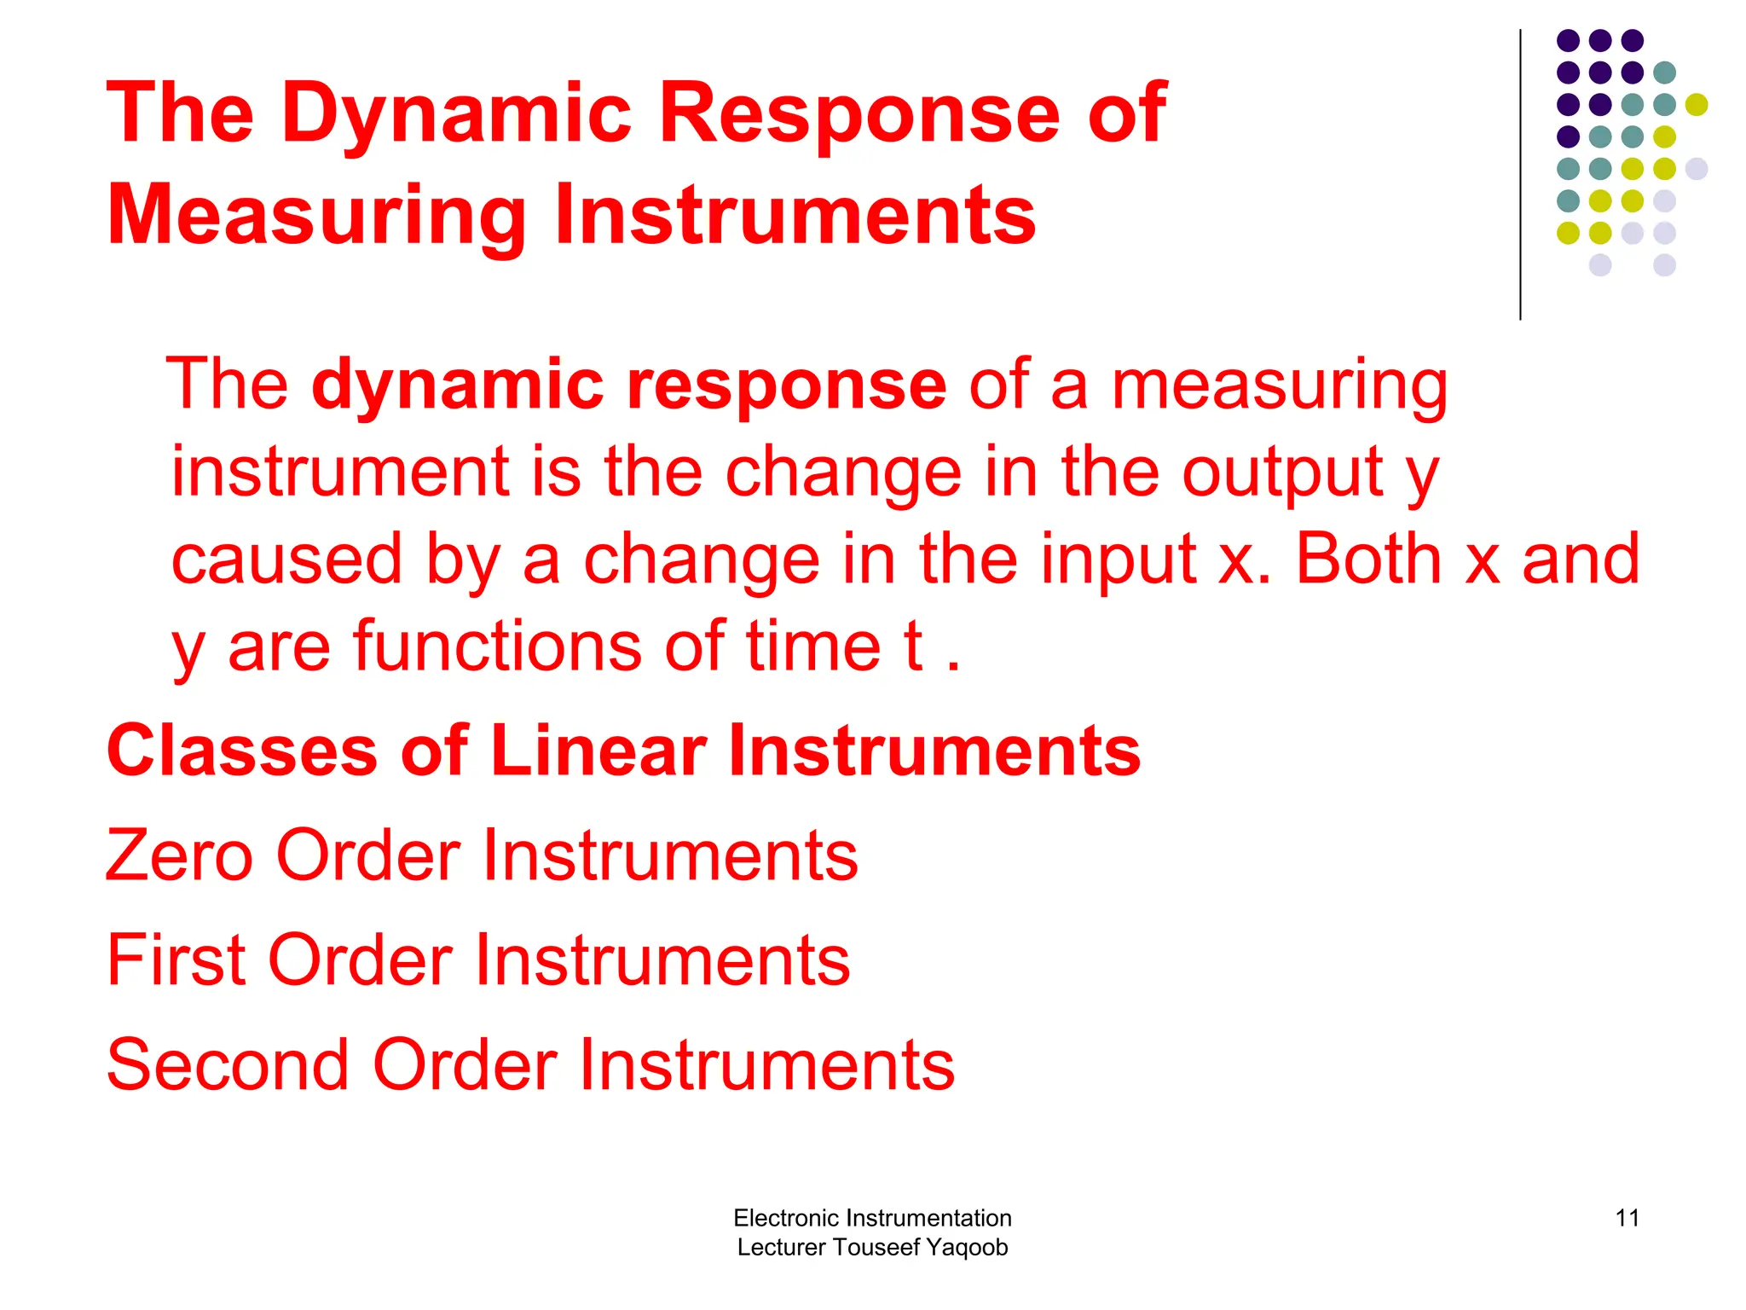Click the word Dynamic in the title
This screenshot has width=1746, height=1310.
[x=456, y=113]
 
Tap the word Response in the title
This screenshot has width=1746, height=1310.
[x=859, y=113]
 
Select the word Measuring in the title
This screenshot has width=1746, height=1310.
[x=316, y=215]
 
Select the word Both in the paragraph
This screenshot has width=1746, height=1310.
[x=1367, y=559]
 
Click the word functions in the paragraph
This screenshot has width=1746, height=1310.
[x=497, y=646]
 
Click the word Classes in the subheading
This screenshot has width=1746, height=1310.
[x=241, y=751]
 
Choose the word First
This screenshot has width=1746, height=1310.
[x=176, y=960]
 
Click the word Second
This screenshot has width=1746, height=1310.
[x=228, y=1065]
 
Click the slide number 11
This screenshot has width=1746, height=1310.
[x=1627, y=1218]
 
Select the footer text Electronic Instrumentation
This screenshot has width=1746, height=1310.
[x=872, y=1218]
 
